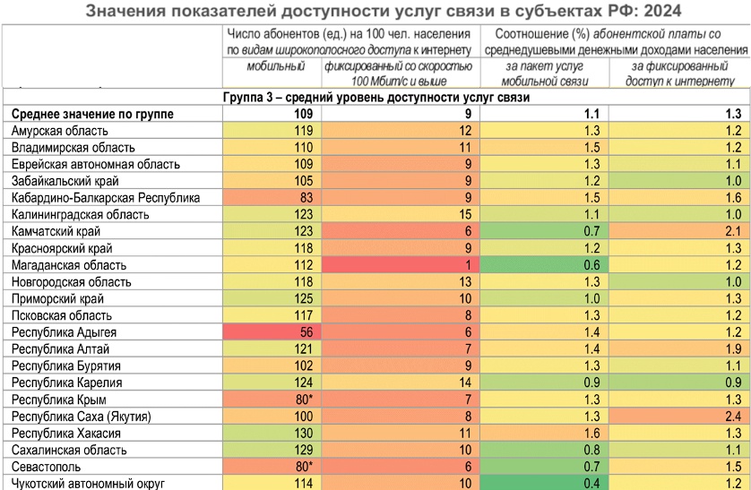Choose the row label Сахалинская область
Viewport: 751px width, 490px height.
pyautogui.click(x=64, y=450)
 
